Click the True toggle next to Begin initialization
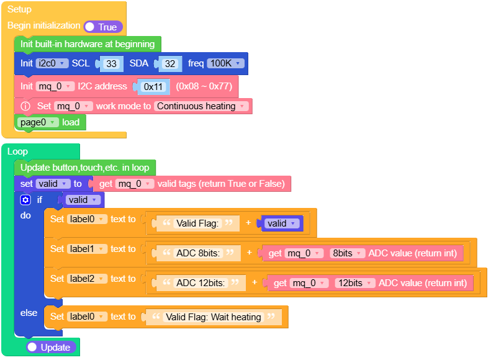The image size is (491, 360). pos(103,27)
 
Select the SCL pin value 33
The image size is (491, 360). pos(111,63)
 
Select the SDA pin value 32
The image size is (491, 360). pos(171,63)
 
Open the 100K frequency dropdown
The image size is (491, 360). pos(225,63)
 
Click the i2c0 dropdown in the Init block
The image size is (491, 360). pos(52,63)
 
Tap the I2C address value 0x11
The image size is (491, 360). pos(153,87)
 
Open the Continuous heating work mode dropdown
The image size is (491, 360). pos(201,106)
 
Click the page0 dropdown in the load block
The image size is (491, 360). pos(38,122)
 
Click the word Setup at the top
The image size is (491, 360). pos(19,9)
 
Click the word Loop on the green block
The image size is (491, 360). pos(17,151)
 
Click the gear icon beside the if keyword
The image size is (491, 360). pos(25,200)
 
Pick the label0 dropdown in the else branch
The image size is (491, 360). pos(87,317)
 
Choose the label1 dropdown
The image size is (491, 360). pos(87,249)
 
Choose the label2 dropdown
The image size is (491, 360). pos(87,279)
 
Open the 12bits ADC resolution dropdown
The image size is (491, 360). pos(354,283)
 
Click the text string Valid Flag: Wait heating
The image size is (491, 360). pos(213,317)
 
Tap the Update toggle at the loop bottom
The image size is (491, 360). pos(52,348)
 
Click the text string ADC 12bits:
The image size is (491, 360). pos(202,283)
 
